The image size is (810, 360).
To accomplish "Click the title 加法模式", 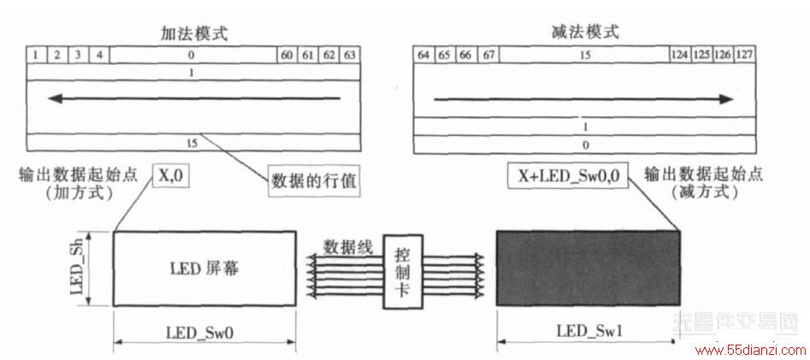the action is click(x=194, y=33).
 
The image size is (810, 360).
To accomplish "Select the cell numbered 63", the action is click(x=350, y=55).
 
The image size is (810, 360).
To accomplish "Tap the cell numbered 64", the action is click(x=423, y=55).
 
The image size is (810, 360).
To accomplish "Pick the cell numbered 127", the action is click(x=744, y=55).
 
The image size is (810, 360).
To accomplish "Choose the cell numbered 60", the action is click(x=287, y=55).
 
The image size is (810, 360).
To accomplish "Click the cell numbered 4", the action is click(x=99, y=55).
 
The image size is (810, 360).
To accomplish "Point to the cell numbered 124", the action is click(x=680, y=55).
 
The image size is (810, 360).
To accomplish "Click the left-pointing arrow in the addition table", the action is click(x=194, y=98).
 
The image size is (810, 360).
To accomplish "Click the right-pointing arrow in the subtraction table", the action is click(x=583, y=99).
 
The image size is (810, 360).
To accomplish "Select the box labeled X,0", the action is click(x=170, y=177).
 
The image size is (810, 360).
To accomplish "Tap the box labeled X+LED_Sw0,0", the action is click(x=568, y=177).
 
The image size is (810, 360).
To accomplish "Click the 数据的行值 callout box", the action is click(x=314, y=181).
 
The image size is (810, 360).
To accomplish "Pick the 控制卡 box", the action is click(x=402, y=272).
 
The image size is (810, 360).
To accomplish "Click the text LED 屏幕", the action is click(x=204, y=269).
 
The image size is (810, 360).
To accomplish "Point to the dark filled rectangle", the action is click(x=588, y=269).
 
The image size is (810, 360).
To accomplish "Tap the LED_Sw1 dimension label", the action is click(x=589, y=331).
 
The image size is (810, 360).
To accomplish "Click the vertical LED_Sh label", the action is click(x=77, y=269).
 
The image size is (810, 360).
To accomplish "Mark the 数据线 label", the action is click(x=347, y=247).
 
